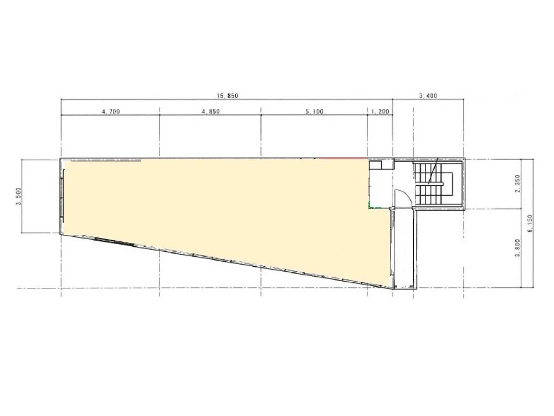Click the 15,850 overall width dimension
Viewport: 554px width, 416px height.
click(x=228, y=95)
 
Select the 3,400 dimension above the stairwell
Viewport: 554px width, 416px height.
click(x=428, y=95)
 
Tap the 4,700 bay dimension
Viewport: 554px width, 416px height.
click(x=111, y=111)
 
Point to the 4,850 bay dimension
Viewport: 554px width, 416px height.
click(x=211, y=111)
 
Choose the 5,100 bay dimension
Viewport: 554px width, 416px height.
click(x=315, y=111)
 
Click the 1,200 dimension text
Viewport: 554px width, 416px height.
click(x=380, y=111)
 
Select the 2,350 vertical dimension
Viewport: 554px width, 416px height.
click(x=517, y=184)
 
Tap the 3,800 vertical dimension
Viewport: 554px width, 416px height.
click(x=517, y=248)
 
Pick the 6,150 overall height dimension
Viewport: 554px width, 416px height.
click(x=530, y=224)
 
